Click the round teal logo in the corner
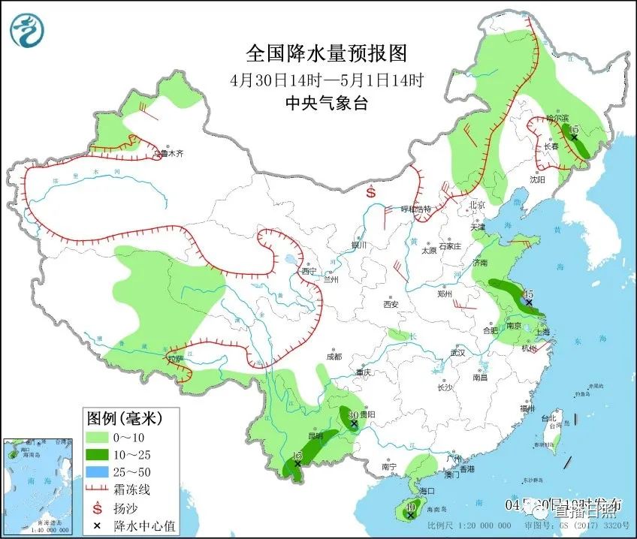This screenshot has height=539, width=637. (x=27, y=30)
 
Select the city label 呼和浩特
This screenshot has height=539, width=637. (x=416, y=209)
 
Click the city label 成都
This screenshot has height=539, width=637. (x=334, y=357)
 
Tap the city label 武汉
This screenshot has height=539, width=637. (x=457, y=353)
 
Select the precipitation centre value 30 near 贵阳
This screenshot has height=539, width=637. (x=352, y=414)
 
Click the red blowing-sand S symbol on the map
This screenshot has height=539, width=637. (x=371, y=192)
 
